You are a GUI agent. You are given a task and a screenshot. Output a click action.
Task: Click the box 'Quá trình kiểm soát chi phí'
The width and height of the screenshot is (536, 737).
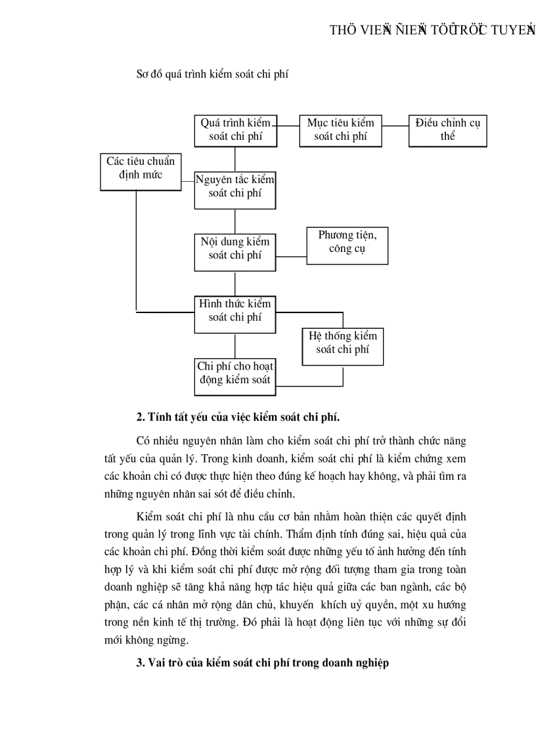pyautogui.click(x=235, y=130)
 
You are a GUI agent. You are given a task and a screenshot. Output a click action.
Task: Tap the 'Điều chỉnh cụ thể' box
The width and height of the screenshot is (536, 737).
pyautogui.click(x=447, y=130)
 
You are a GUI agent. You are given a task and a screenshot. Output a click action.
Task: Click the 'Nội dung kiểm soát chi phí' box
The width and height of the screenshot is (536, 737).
pyautogui.click(x=235, y=251)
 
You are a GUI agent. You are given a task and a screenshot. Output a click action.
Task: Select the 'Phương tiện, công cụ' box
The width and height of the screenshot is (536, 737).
pyautogui.click(x=347, y=245)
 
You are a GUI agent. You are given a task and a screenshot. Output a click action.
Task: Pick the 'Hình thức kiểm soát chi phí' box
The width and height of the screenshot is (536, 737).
pyautogui.click(x=235, y=313)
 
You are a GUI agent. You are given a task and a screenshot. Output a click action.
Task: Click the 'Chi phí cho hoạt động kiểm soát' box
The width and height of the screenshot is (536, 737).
pyautogui.click(x=235, y=377)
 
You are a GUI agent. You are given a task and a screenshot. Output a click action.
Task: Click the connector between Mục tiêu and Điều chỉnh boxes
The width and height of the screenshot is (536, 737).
pyautogui.click(x=395, y=125)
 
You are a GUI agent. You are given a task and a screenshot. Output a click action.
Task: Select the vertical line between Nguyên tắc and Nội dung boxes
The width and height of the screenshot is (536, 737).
pyautogui.click(x=235, y=221)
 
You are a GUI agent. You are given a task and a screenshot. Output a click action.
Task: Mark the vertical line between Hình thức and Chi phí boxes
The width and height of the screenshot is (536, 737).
pyautogui.click(x=235, y=345)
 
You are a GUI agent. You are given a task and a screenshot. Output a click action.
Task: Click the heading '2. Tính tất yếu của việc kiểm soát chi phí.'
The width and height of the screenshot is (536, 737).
pyautogui.click(x=238, y=417)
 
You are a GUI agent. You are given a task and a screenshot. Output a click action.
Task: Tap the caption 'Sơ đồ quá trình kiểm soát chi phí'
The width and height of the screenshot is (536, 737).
pyautogui.click(x=212, y=75)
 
